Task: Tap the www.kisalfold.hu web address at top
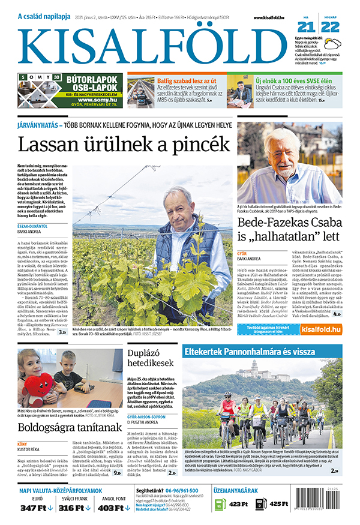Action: [x=272, y=19]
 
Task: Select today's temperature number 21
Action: [x=306, y=26]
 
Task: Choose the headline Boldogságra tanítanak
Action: [x=67, y=428]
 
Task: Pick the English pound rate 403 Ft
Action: [x=113, y=508]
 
